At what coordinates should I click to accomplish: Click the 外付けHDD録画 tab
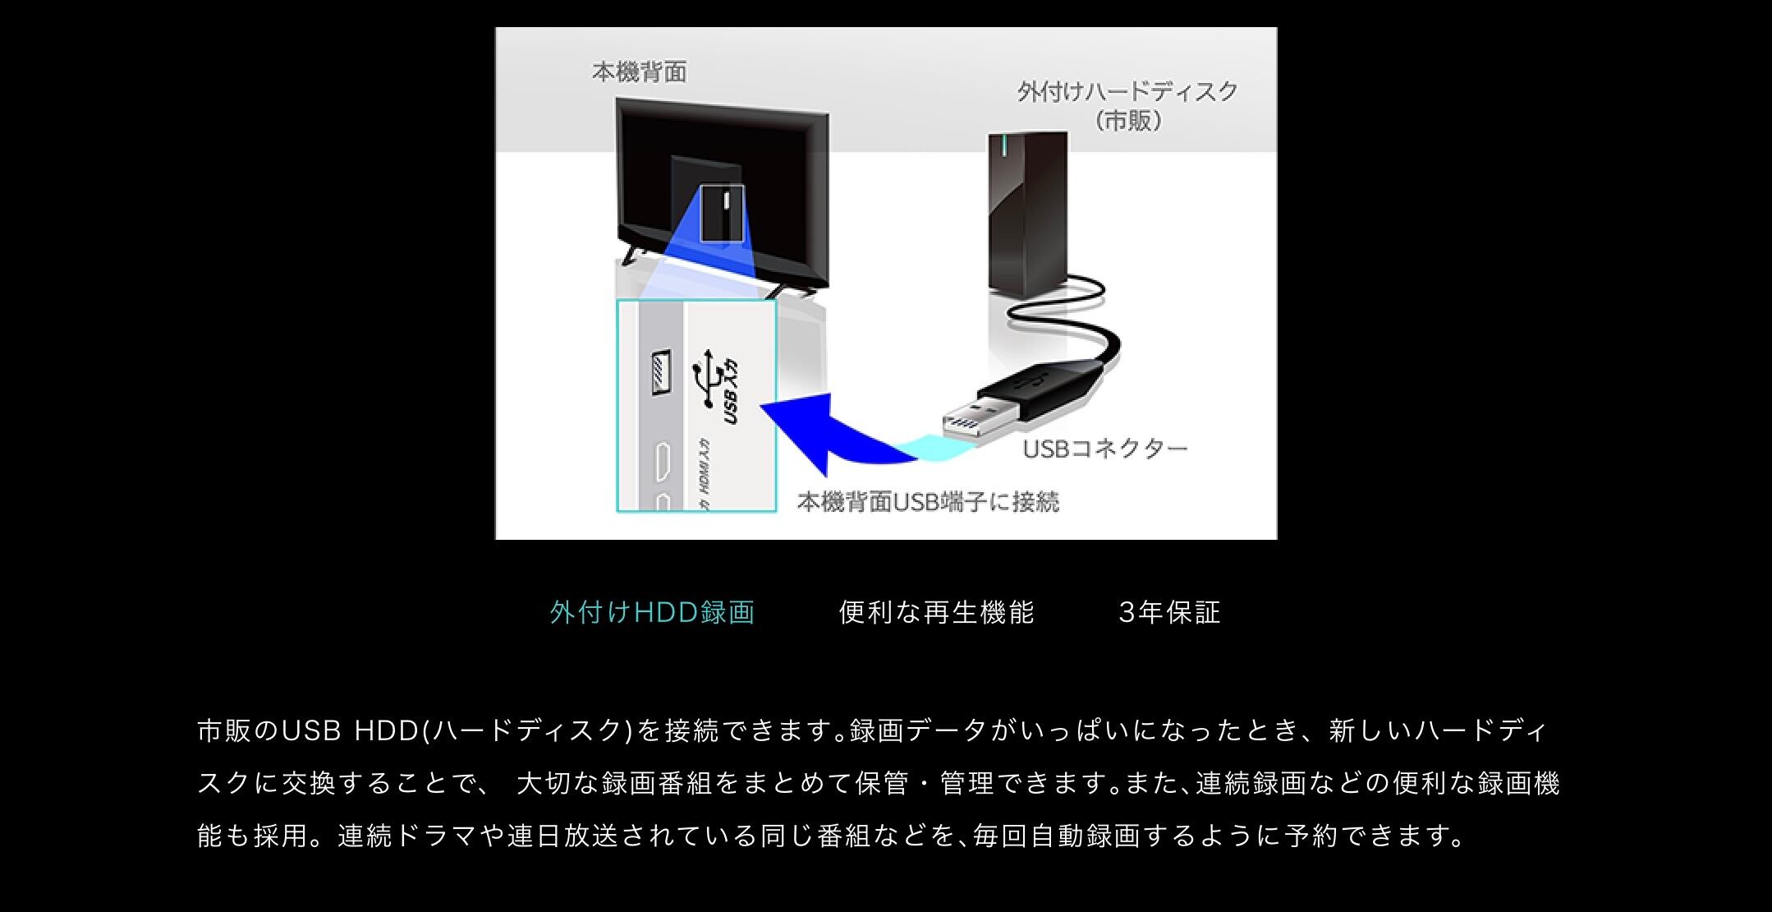(x=652, y=613)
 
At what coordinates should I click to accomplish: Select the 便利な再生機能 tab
(x=936, y=613)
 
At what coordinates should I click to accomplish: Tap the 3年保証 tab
(x=1169, y=613)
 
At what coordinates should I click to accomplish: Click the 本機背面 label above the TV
(x=639, y=73)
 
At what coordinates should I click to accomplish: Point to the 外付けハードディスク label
(x=1127, y=92)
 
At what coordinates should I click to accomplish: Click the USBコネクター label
(x=1104, y=449)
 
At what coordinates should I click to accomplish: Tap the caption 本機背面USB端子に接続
(x=928, y=502)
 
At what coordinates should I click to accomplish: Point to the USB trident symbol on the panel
(x=708, y=379)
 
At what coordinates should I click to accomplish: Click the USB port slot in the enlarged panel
(x=661, y=373)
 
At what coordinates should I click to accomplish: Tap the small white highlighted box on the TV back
(x=722, y=214)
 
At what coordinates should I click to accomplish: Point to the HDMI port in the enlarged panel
(x=662, y=462)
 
